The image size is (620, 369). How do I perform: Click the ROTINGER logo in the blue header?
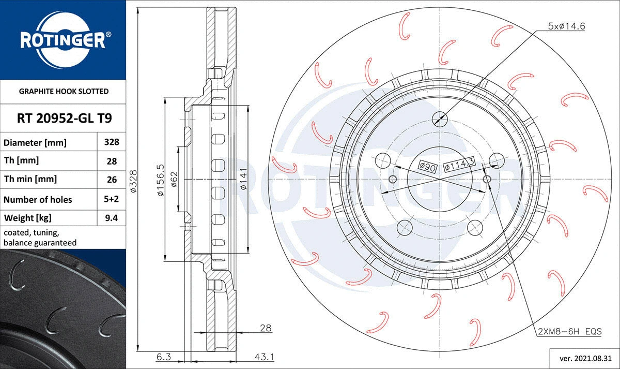(63, 40)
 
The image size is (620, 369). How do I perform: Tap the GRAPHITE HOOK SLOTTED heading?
(64, 91)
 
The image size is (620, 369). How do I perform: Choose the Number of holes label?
(38, 199)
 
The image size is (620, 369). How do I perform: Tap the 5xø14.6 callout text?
(567, 26)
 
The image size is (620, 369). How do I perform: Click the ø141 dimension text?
(243, 180)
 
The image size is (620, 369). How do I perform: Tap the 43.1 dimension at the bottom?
(265, 357)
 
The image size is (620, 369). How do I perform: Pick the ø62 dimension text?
(174, 180)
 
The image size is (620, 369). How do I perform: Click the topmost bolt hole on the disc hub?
(439, 118)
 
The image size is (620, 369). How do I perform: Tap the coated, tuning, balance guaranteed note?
(40, 238)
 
